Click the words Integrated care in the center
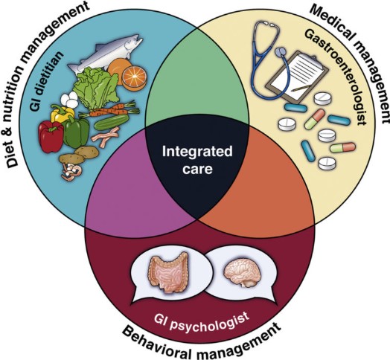[197, 161]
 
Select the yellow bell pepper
[62, 114]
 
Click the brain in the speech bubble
[242, 272]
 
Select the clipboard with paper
[297, 77]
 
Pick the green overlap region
[196, 74]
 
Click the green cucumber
[112, 122]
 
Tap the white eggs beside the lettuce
[69, 100]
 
